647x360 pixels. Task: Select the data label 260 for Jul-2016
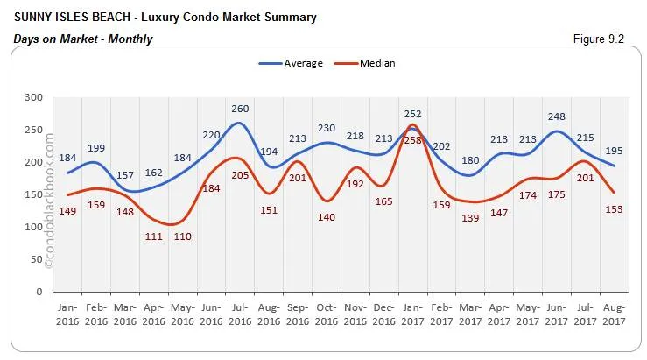click(240, 109)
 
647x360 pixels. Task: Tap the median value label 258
click(413, 139)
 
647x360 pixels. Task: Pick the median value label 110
click(182, 236)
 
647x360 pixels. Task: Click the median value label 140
click(327, 217)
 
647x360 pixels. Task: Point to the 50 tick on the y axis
click(34, 260)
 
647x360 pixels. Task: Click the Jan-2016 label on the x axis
click(67, 314)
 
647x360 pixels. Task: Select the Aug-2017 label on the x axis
click(614, 314)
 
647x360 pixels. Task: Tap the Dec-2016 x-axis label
click(383, 314)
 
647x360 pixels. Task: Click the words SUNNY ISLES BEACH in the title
click(66, 17)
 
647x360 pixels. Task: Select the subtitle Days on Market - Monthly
click(83, 39)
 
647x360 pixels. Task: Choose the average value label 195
click(614, 152)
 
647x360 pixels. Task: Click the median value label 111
click(154, 236)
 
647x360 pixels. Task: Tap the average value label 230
click(327, 128)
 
